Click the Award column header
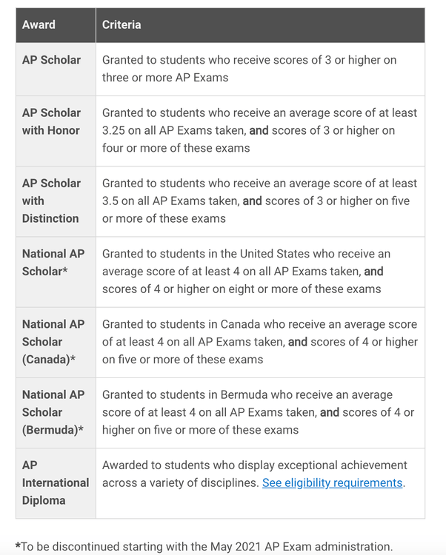coord(39,24)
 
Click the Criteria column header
coord(122,24)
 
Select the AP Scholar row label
coord(51,60)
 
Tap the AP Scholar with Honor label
coord(51,121)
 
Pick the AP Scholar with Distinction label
coord(50,201)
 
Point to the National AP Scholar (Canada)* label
coord(53,342)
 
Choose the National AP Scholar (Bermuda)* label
coord(53,412)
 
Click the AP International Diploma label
coord(55,482)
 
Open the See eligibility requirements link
coord(332,483)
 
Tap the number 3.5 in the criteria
coord(111,201)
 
